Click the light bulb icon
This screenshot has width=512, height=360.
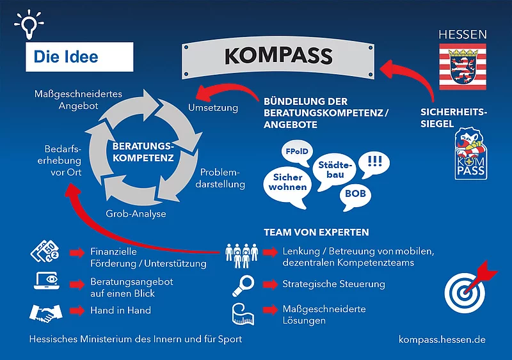pos(29,24)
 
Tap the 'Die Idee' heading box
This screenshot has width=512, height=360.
pos(79,57)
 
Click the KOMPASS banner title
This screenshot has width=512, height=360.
pos(278,56)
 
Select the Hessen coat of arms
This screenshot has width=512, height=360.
pos(463,67)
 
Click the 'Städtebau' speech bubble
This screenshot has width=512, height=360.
pos(335,171)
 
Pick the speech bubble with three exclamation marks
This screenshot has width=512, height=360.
pos(374,164)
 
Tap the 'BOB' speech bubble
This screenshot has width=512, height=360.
pos(355,196)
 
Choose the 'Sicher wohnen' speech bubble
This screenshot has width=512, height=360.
pos(287,187)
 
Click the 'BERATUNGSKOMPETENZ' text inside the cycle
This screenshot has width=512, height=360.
pos(143,152)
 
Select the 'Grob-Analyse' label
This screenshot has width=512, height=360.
pos(136,214)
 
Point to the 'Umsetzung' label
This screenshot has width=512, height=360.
pos(213,108)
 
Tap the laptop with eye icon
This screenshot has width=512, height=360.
pos(47,281)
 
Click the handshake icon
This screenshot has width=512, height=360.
pos(45,312)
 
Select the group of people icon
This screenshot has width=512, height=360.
pos(242,256)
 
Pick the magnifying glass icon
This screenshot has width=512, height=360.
pos(244,286)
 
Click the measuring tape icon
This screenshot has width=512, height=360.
pos(243,314)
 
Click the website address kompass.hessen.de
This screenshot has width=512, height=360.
pos(442,340)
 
